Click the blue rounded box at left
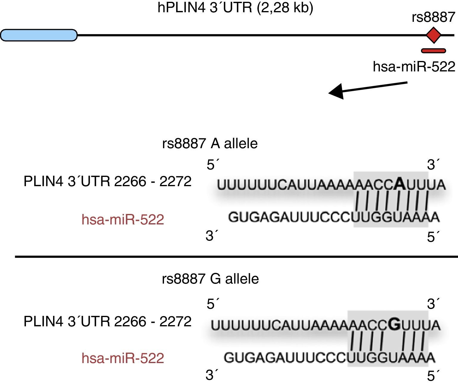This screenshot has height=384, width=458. click(x=39, y=35)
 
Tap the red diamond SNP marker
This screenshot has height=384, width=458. click(x=433, y=35)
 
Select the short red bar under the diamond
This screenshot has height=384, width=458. click(x=433, y=51)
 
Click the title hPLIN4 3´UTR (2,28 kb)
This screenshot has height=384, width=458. click(x=235, y=7)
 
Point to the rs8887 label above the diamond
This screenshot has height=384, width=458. click(x=434, y=17)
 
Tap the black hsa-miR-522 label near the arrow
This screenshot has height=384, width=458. click(x=414, y=66)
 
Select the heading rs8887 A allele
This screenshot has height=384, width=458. click(x=210, y=143)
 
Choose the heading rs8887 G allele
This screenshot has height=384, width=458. click(x=210, y=279)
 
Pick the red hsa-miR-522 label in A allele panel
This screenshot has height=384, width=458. click(x=123, y=220)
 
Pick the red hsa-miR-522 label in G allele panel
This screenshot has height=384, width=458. click(x=123, y=358)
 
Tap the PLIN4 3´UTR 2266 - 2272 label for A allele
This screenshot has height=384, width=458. click(x=107, y=181)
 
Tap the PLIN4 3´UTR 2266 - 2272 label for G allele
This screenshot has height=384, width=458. click(x=107, y=322)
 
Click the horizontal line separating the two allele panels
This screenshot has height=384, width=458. click(x=236, y=256)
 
